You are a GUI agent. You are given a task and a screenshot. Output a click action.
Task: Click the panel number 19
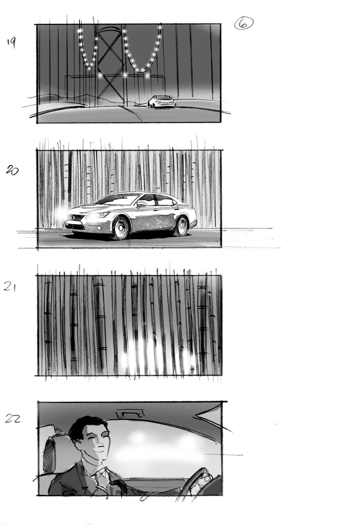[11, 43]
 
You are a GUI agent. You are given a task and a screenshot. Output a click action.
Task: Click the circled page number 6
[243, 24]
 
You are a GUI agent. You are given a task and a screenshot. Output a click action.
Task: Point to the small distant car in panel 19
[162, 102]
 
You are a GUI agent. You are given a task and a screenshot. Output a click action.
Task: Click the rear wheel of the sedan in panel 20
[182, 226]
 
